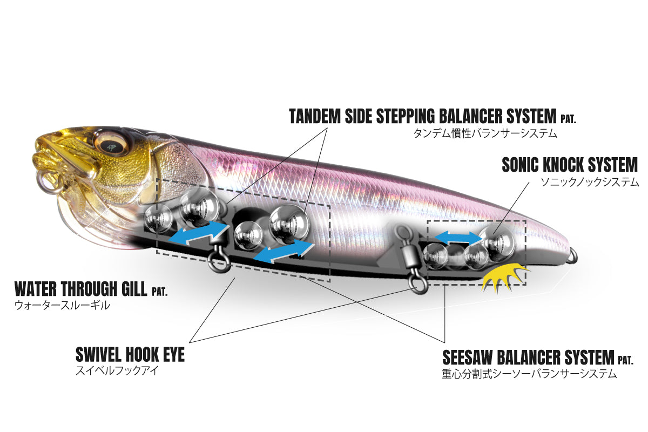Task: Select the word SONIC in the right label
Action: [520, 165]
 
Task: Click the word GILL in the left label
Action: [134, 288]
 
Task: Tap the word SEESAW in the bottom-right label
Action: [467, 357]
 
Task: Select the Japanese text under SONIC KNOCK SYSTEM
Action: [590, 182]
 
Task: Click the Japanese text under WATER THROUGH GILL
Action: [62, 306]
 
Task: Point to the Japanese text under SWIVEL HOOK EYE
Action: [117, 371]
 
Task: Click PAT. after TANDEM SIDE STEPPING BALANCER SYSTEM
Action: [568, 119]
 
